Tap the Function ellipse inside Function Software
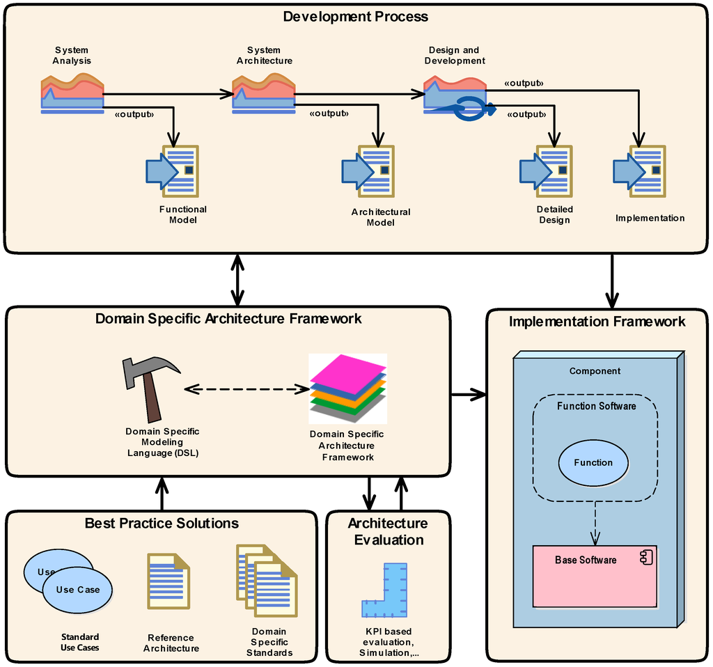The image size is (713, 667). pyautogui.click(x=593, y=462)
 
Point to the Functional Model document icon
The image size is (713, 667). pyautogui.click(x=172, y=171)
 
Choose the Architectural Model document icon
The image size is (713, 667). pyautogui.click(x=368, y=171)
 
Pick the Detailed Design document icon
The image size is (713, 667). pyautogui.click(x=547, y=171)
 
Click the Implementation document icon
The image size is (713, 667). pyautogui.click(x=640, y=171)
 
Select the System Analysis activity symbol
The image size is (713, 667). pyautogui.click(x=72, y=95)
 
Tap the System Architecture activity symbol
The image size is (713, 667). pyautogui.click(x=263, y=95)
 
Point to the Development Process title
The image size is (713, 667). pyautogui.click(x=355, y=16)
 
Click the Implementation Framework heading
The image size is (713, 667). pyautogui.click(x=597, y=322)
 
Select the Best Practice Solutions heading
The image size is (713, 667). pyautogui.click(x=162, y=524)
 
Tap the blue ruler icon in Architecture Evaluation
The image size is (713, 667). pyautogui.click(x=385, y=592)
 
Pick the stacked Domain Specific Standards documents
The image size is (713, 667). pyautogui.click(x=267, y=581)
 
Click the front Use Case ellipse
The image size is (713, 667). pyautogui.click(x=77, y=590)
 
